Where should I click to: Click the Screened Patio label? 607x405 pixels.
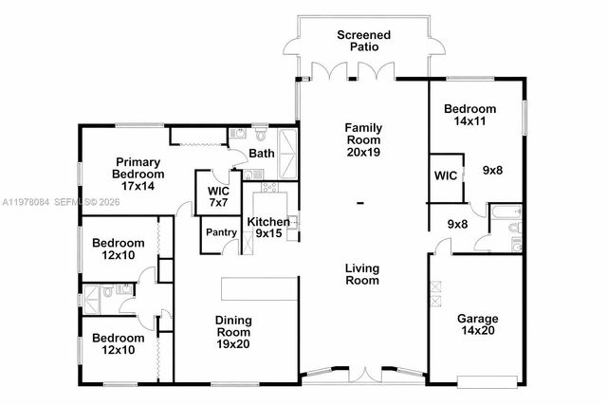[363, 41]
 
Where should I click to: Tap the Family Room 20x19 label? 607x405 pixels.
[362, 139]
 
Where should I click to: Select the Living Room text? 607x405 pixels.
[362, 274]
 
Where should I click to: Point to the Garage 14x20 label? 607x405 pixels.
[477, 325]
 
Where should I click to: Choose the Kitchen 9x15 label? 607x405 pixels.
[268, 228]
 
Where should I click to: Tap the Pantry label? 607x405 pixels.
[220, 231]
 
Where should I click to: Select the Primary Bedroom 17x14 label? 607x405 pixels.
[138, 175]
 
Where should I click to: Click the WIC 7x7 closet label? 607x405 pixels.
[218, 196]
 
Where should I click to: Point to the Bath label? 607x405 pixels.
[262, 154]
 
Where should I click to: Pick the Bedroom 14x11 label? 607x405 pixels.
[469, 116]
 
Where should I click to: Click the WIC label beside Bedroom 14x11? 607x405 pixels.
[447, 175]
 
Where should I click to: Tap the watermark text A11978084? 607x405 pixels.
[27, 202]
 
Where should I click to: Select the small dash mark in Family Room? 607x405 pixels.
[360, 203]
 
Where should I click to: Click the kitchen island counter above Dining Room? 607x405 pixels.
[260, 288]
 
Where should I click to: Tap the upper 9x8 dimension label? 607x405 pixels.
[493, 170]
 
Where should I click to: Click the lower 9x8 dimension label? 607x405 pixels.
[457, 225]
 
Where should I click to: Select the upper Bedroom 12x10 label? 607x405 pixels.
[118, 249]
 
